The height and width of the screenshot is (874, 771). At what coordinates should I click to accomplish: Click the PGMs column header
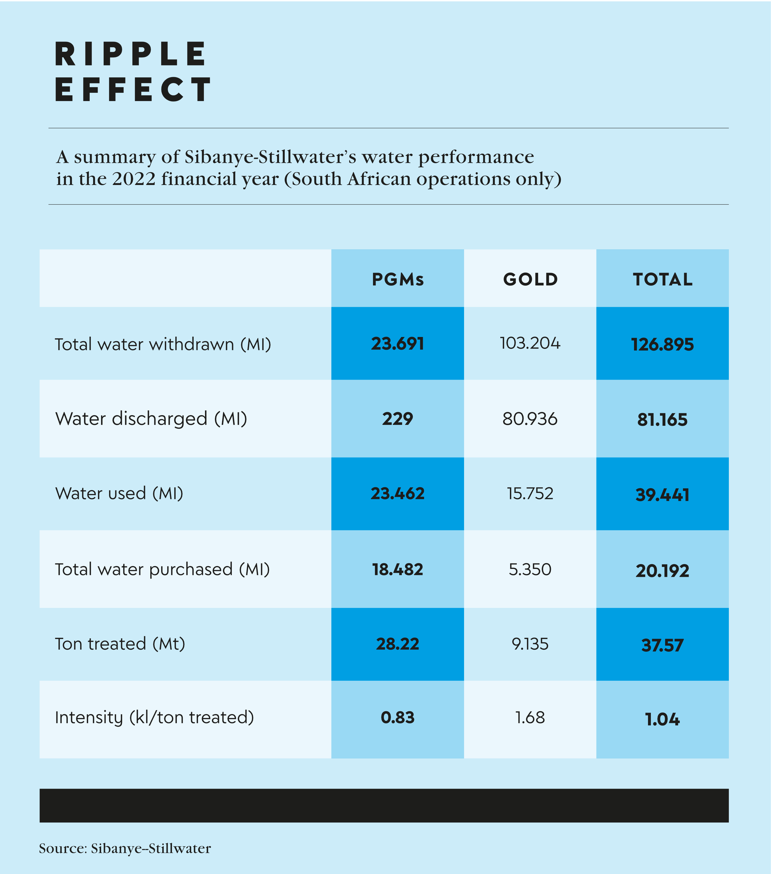coord(397,279)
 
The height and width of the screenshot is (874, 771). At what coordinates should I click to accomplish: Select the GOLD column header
coord(530,279)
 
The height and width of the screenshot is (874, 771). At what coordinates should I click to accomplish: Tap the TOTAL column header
coord(662,279)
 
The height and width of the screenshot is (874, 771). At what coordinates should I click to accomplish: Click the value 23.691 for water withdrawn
coord(397,344)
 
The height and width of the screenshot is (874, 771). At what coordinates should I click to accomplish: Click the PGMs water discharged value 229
coord(397,419)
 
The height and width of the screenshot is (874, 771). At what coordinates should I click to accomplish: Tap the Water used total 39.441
coord(662,495)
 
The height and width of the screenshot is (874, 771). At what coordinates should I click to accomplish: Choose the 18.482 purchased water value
coord(397,569)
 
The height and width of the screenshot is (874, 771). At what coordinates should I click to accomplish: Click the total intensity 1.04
coord(662,719)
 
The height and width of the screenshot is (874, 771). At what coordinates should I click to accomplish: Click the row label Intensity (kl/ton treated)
coord(154,717)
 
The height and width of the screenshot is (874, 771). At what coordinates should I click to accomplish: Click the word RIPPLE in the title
coord(130,54)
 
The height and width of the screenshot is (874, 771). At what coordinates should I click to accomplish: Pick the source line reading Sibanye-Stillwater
coord(125,848)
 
